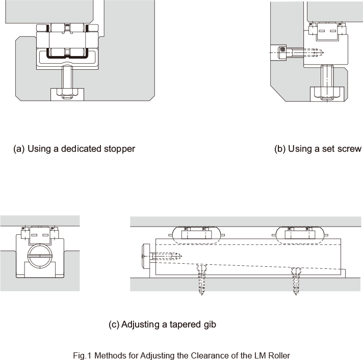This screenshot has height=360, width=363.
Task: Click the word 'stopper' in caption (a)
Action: (120, 149)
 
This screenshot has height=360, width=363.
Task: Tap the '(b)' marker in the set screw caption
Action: (280, 149)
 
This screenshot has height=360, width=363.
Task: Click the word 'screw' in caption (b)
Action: (350, 149)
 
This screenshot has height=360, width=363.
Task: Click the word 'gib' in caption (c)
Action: (209, 324)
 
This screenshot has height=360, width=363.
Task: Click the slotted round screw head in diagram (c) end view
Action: (40, 256)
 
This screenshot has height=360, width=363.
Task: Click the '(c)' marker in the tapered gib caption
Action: (115, 324)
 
